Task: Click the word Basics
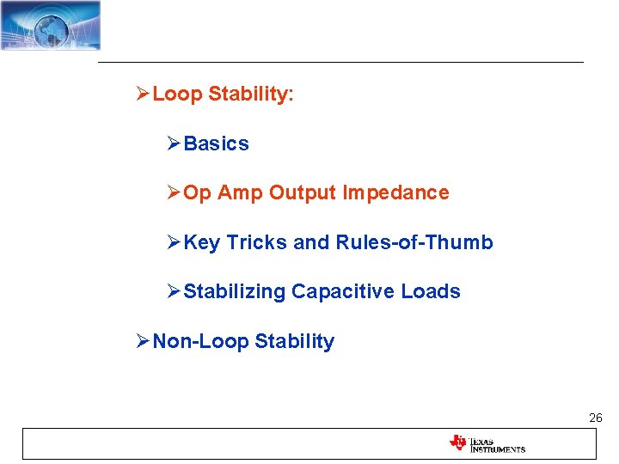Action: (x=216, y=144)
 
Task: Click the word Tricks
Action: (x=257, y=243)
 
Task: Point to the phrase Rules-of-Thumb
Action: (x=414, y=243)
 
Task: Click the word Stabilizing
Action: (x=234, y=292)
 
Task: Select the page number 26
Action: (x=595, y=418)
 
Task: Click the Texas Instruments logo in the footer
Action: (x=487, y=443)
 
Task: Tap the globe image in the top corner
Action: (x=50, y=25)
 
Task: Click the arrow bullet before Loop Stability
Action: (x=144, y=95)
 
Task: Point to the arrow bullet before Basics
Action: (x=175, y=144)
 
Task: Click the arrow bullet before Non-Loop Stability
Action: (x=144, y=342)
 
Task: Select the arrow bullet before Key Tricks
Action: (x=175, y=243)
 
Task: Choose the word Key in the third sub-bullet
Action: (x=202, y=243)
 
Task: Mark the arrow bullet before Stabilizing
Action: (x=175, y=292)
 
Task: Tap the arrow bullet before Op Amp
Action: (x=175, y=193)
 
